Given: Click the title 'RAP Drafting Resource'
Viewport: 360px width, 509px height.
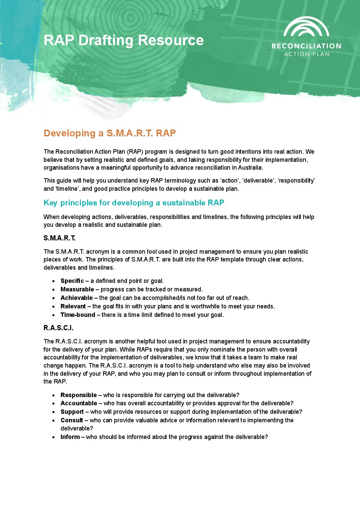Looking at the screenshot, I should click(124, 40).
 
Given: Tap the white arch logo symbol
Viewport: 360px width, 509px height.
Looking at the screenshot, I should click(306, 27).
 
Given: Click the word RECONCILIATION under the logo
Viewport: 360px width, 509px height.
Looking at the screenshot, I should click(306, 46).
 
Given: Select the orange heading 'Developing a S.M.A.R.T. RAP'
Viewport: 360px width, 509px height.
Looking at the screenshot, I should click(110, 133).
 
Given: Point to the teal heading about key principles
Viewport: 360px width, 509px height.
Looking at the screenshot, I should click(134, 203).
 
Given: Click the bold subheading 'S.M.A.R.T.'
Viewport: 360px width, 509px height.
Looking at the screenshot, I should click(60, 238).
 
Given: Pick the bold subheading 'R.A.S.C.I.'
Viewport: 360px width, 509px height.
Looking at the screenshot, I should click(59, 328).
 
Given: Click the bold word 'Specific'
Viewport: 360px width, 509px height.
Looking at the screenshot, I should click(72, 281).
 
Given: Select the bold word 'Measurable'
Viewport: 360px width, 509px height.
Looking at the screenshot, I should click(77, 289).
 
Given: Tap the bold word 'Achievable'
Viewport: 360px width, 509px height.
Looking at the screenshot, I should click(77, 298).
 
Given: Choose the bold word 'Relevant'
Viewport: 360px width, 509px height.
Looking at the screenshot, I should click(73, 306).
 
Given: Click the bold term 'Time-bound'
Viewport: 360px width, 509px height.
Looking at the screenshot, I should click(78, 315).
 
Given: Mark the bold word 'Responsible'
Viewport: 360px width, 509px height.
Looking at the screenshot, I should click(79, 395).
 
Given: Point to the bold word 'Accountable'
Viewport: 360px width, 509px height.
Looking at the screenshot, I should click(79, 403).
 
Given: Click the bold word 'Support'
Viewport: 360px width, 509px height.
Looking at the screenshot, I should click(72, 412).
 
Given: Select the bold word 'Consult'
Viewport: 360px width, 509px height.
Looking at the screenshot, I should click(72, 420).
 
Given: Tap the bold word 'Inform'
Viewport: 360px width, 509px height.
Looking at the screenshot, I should click(70, 437).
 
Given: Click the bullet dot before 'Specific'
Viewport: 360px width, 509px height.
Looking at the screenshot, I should click(54, 281).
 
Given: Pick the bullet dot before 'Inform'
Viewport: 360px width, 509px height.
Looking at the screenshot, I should click(54, 437).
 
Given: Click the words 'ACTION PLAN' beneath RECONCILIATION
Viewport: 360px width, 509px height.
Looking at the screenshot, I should click(307, 54).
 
